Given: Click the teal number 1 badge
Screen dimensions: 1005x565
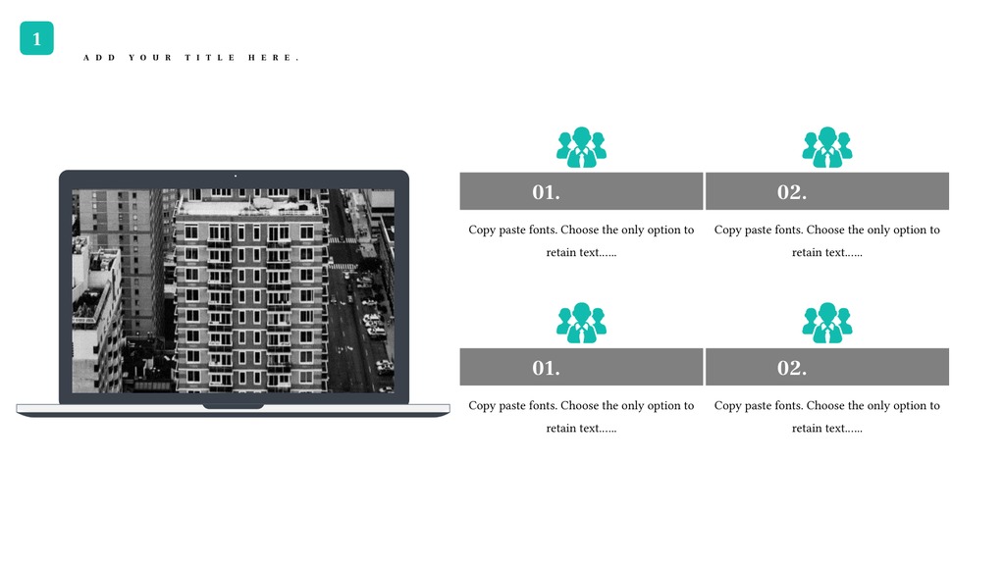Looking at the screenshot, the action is (36, 38).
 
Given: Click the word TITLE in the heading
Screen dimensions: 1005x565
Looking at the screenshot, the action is (210, 58).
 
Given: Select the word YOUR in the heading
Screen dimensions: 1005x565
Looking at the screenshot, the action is (150, 58).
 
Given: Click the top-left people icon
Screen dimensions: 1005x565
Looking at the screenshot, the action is (581, 147).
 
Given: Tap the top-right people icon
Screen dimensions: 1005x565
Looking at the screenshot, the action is (826, 147).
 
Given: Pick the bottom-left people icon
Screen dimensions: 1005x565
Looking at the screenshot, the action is (581, 323).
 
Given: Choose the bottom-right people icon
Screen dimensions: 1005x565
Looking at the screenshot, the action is (826, 323).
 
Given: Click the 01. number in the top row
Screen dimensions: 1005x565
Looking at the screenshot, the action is (546, 192).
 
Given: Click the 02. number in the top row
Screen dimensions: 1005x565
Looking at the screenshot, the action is (792, 192).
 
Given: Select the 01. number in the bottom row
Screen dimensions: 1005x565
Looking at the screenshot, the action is (546, 368).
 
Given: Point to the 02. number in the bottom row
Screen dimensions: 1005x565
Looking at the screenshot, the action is (792, 368).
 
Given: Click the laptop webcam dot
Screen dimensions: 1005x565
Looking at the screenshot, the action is (236, 176).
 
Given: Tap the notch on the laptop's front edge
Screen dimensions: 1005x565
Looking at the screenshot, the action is (234, 406).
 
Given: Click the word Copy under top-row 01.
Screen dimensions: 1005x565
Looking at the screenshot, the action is (482, 230).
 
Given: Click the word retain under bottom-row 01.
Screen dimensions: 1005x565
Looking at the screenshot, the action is (562, 428).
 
